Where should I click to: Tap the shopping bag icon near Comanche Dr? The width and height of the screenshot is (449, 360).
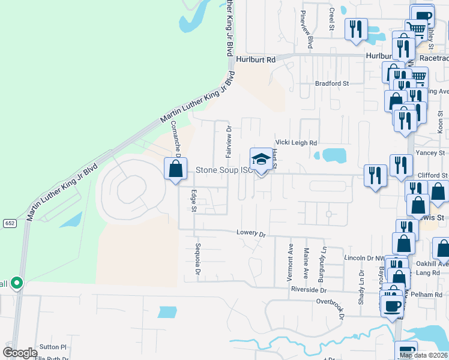pos(175,168)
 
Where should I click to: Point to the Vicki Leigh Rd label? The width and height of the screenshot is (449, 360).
pos(295,143)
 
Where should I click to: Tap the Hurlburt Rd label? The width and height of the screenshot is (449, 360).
pos(255,59)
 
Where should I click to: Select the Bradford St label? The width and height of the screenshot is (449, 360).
pos(332,83)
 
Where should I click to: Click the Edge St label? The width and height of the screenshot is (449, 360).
pos(193,201)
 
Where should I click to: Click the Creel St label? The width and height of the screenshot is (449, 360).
pos(331,19)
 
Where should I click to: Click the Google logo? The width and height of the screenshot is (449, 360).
pos(20,353)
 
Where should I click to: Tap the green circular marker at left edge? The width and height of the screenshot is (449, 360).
pos(17,282)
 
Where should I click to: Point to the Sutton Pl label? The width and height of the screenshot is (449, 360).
pos(53,347)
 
